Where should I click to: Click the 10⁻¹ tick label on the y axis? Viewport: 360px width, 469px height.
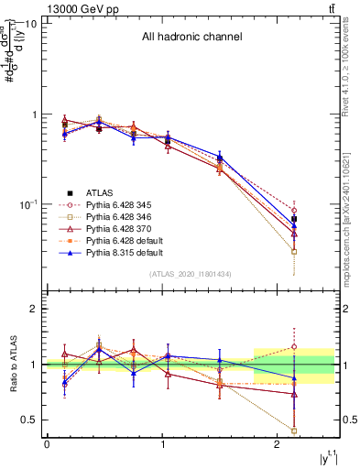(27, 204)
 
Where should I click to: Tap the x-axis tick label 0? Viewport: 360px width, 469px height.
(47, 443)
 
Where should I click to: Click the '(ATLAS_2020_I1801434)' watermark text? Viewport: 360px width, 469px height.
(191, 274)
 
